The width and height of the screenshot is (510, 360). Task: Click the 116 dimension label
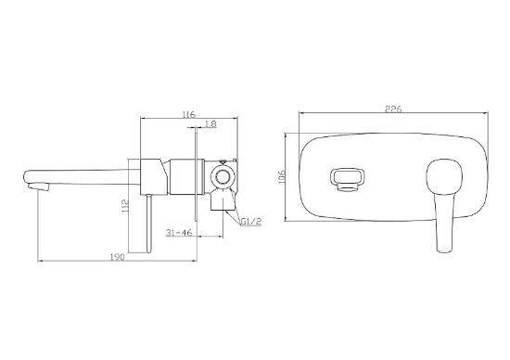coord(188,114)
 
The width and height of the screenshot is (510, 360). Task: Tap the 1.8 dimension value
coord(211,123)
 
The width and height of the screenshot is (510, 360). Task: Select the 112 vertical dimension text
coord(125,206)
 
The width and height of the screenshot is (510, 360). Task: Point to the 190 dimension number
coord(118,257)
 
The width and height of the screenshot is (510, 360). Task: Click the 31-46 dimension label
coord(180,232)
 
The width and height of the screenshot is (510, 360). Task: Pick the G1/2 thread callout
coord(251,222)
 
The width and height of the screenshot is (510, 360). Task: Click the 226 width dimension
coord(393,109)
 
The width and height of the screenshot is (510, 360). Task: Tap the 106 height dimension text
coord(282,176)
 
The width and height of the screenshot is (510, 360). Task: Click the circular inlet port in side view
coord(223,177)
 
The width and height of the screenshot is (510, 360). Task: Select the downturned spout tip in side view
coord(38,186)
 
